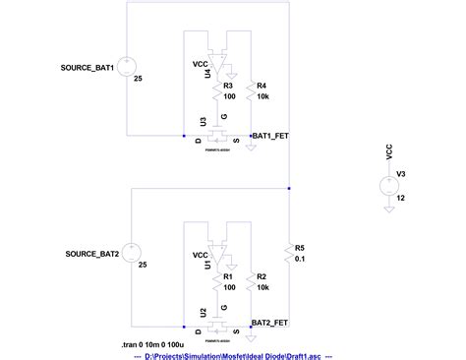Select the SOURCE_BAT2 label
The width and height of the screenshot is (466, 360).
coord(92,254)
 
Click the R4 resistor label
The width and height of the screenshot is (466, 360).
coord(262,87)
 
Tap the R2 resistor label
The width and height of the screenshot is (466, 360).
coord(262,278)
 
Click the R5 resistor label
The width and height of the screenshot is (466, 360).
coord(300,248)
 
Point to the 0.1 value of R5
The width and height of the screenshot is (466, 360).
coord(300,260)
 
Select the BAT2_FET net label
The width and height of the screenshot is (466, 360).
coord(269,322)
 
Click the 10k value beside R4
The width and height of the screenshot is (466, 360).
coord(262,97)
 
